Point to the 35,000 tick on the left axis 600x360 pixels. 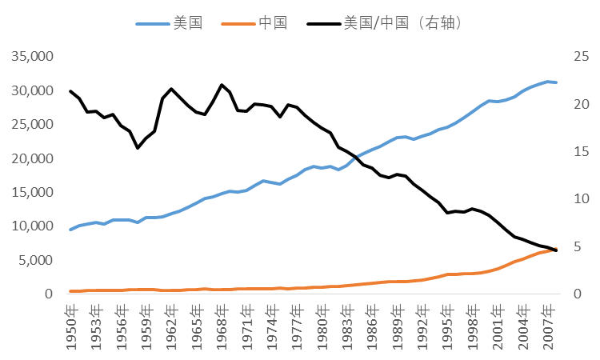tap(31, 58)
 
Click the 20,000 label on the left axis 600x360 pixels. tap(31, 159)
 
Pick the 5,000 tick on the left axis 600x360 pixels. tap(34, 261)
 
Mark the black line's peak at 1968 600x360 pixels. tap(222, 85)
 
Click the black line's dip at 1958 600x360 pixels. tap(138, 147)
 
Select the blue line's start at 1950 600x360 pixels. tap(70, 230)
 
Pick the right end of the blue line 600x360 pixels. tap(557, 82)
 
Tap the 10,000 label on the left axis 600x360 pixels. tap(31, 226)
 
